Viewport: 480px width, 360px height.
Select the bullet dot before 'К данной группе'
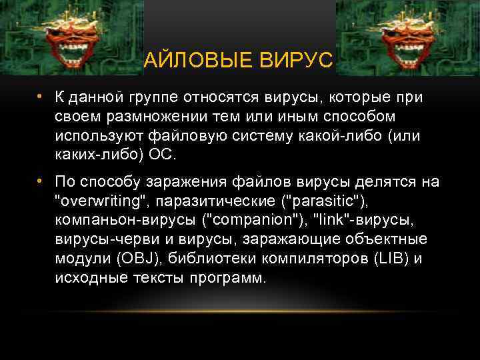click(40, 97)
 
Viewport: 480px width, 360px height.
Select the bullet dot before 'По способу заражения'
click(40, 181)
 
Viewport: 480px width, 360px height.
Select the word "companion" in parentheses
click(253, 220)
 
